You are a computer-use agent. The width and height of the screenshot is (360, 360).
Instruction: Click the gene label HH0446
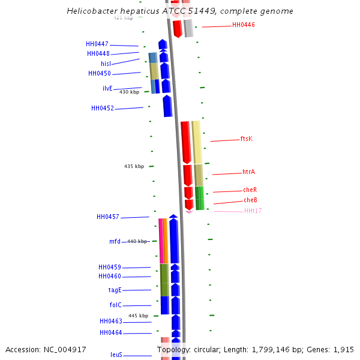[244, 25]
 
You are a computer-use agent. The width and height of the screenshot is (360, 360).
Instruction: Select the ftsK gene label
[247, 139]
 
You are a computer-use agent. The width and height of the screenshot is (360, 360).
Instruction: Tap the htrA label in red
[249, 172]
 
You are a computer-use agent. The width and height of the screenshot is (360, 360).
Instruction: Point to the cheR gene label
[250, 190]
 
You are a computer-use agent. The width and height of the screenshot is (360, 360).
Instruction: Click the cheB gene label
[250, 200]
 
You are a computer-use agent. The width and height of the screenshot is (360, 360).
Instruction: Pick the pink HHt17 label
[253, 211]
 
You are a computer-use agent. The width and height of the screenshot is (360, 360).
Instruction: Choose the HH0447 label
[97, 44]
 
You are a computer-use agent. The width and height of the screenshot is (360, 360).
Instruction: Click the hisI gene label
[106, 64]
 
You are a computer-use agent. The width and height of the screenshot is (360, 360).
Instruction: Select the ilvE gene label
[107, 88]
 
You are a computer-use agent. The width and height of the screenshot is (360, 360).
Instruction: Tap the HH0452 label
[103, 109]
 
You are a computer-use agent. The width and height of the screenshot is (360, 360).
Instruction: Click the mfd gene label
[115, 242]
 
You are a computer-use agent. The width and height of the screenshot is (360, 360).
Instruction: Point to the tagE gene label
[115, 290]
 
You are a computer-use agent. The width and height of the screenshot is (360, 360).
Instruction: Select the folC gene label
[115, 305]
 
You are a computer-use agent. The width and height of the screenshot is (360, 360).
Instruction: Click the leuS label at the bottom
[116, 355]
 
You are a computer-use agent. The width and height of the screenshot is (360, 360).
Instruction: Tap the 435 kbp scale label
[134, 166]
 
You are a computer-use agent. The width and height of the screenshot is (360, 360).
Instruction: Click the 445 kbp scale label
[138, 316]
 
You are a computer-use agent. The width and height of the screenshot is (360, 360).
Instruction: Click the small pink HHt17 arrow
[189, 211]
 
